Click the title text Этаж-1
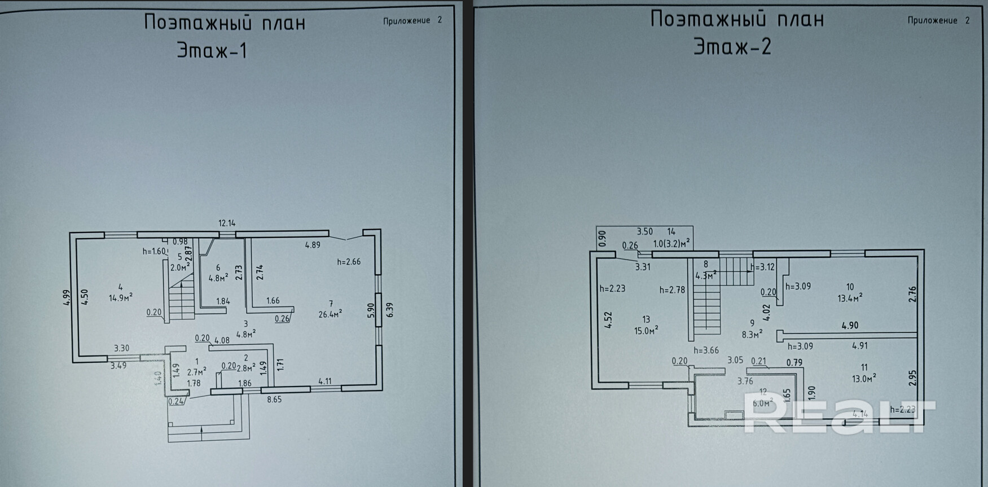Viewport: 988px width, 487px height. click(x=212, y=51)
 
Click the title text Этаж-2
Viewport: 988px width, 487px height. click(x=732, y=47)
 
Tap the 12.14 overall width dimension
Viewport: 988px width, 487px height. click(x=227, y=223)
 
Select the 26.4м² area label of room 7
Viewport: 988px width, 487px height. click(x=331, y=314)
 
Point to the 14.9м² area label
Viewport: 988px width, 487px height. click(x=121, y=297)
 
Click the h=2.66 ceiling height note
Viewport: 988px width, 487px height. click(x=349, y=262)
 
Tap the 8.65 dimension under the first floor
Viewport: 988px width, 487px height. click(x=274, y=399)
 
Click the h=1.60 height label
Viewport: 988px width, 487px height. click(x=154, y=251)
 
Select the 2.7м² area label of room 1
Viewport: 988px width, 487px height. click(x=196, y=371)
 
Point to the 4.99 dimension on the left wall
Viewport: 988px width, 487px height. click(x=67, y=297)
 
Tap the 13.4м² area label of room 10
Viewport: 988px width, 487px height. click(x=850, y=297)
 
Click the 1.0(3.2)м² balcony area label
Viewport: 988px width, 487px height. click(x=671, y=244)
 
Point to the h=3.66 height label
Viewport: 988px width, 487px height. click(x=706, y=350)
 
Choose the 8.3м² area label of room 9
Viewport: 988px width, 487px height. click(x=752, y=334)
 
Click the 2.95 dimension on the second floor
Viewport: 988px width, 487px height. click(x=912, y=378)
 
